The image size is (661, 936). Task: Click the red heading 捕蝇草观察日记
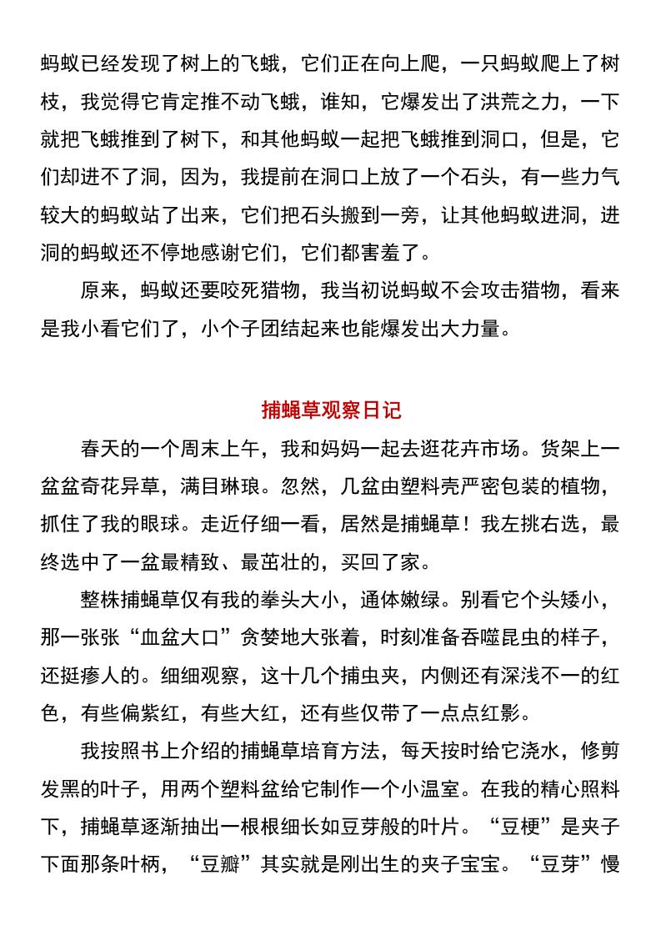[x=331, y=410]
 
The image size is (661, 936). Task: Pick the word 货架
[x=552, y=449]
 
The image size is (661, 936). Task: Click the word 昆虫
[x=533, y=640]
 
